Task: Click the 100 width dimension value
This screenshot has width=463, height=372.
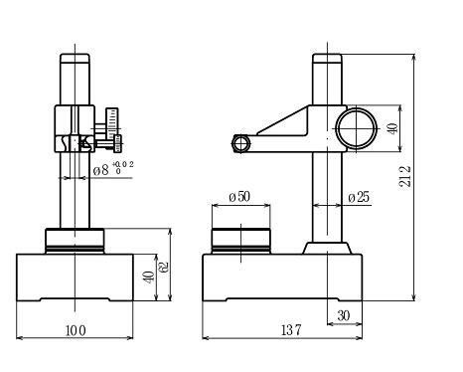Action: pos(76,330)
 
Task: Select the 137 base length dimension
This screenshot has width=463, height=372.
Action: pos(291,330)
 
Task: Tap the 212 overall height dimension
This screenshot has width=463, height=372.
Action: pos(404,176)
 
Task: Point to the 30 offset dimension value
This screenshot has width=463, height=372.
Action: pos(344,315)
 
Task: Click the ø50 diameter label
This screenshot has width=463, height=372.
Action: pos(239,197)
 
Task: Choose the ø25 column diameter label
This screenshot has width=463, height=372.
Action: pos(359,197)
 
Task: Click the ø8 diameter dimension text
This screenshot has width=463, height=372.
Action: pos(100,170)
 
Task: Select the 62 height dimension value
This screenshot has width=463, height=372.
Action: pos(164,267)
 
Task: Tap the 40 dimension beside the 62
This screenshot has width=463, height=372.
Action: pos(149,278)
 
